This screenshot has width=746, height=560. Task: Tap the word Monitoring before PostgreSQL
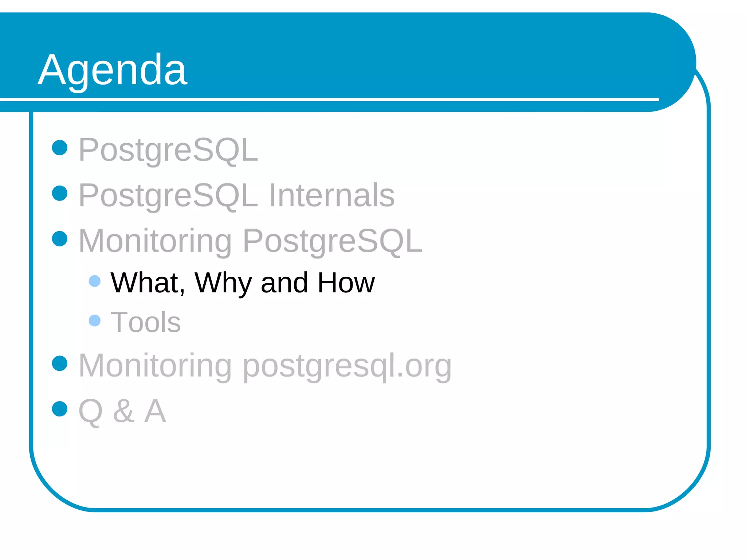point(155,241)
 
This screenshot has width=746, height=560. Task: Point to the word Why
point(223,283)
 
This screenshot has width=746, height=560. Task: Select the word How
point(346,283)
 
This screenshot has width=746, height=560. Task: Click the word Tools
point(146,322)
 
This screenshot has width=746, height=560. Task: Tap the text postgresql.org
point(347,366)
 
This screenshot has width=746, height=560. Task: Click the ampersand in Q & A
point(123,411)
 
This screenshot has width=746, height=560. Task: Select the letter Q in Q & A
point(90,411)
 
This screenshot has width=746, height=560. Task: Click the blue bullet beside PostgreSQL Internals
point(60,193)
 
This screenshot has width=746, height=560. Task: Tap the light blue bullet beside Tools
point(95,320)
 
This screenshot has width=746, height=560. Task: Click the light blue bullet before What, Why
point(95,281)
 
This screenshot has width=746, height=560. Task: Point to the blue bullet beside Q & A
point(60,409)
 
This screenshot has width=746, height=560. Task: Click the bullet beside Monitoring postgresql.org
point(60,363)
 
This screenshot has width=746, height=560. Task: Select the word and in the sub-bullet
point(284,283)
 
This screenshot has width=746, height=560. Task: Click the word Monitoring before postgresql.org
point(155,366)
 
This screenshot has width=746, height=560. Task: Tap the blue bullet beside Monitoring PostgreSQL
point(60,239)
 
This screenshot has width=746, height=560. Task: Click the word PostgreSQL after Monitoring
point(332,241)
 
